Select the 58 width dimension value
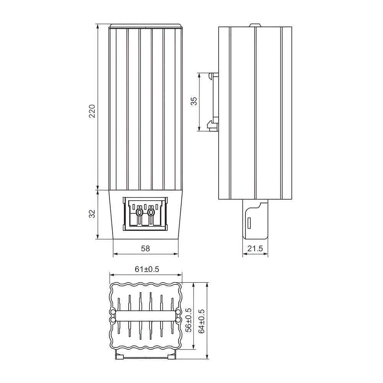click(x=146, y=248)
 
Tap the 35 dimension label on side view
click(x=194, y=101)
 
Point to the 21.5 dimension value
click(x=255, y=249)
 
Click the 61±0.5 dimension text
click(x=147, y=269)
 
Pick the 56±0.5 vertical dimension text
click(x=188, y=319)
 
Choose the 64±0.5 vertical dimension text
click(x=202, y=321)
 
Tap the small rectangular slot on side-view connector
click(x=249, y=222)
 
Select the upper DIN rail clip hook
click(x=213, y=75)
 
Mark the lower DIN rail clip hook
click(x=212, y=125)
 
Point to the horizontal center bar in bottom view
click(x=146, y=316)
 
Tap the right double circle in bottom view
click(x=178, y=316)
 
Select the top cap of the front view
click(x=146, y=26)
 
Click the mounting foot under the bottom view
click(x=146, y=356)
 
